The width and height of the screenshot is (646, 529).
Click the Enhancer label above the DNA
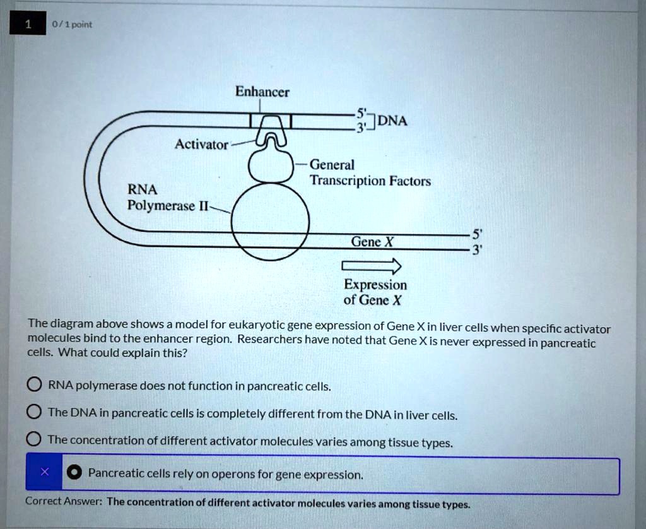tap(262, 92)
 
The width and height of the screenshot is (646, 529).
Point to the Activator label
tap(201, 145)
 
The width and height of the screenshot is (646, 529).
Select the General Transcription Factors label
tap(370, 173)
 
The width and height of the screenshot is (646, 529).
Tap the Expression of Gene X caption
tap(375, 292)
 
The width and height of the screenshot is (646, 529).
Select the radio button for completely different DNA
tap(34, 413)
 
